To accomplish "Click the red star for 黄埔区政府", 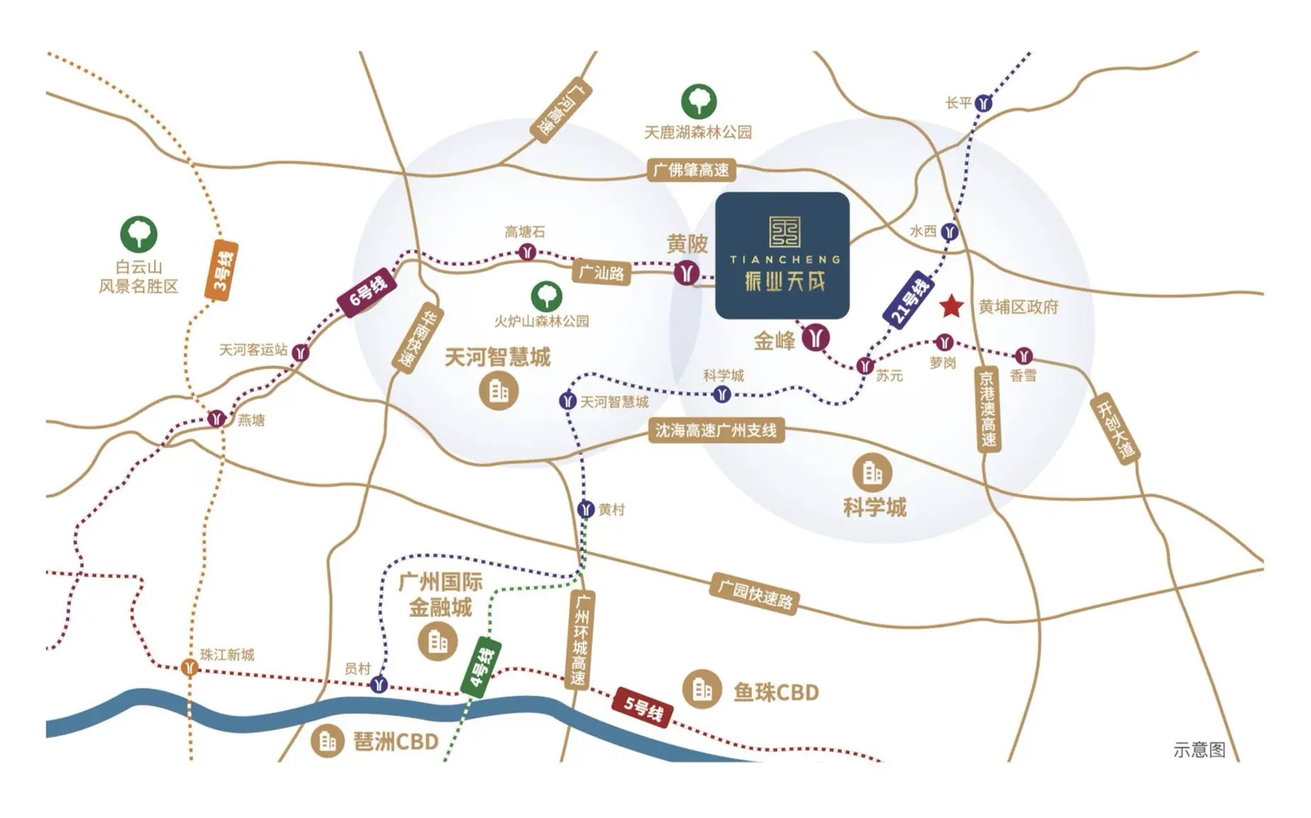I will pyautogui.click(x=951, y=306).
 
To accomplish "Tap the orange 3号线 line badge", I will pyautogui.click(x=221, y=270).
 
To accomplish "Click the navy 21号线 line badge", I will pyautogui.click(x=908, y=301).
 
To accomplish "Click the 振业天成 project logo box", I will pyautogui.click(x=782, y=255).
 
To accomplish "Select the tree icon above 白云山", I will pyautogui.click(x=139, y=234).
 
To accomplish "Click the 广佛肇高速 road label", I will pyautogui.click(x=691, y=171).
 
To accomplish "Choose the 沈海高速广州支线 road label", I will pyautogui.click(x=716, y=430).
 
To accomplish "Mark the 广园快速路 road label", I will pyautogui.click(x=755, y=594).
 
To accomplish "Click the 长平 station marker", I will pyautogui.click(x=983, y=103).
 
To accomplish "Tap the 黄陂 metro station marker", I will pyautogui.click(x=686, y=272).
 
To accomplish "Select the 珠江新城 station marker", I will pyautogui.click(x=189, y=667).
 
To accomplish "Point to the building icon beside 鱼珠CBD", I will pyautogui.click(x=702, y=688).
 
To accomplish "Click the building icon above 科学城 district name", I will pyautogui.click(x=872, y=473).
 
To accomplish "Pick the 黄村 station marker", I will pyautogui.click(x=585, y=509).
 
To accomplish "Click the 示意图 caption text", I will pyautogui.click(x=1199, y=749).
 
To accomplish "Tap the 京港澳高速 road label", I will pyautogui.click(x=987, y=409).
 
